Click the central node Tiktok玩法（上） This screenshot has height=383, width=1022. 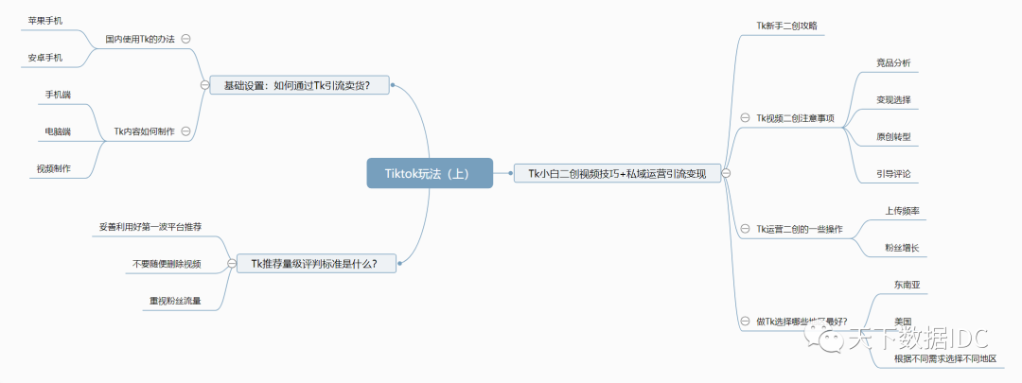click(431, 172)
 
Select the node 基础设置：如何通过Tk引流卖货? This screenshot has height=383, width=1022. click(295, 84)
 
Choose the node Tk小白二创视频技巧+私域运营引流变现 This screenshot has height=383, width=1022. click(617, 172)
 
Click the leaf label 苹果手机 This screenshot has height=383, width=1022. click(44, 20)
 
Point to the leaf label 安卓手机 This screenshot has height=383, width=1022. click(44, 59)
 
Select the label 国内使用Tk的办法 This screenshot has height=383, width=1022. click(140, 39)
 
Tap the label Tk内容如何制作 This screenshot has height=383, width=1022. click(144, 131)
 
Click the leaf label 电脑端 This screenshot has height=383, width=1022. click(58, 131)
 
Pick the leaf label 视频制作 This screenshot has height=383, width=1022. click(53, 168)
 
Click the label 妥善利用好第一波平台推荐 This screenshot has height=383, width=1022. click(150, 227)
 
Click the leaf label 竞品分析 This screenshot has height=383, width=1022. click(893, 62)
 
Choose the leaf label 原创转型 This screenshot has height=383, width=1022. click(893, 137)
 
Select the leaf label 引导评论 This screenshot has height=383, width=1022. click(893, 174)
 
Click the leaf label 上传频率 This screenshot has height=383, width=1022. click(902, 211)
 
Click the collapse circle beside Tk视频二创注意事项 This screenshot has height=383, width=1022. click(744, 118)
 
